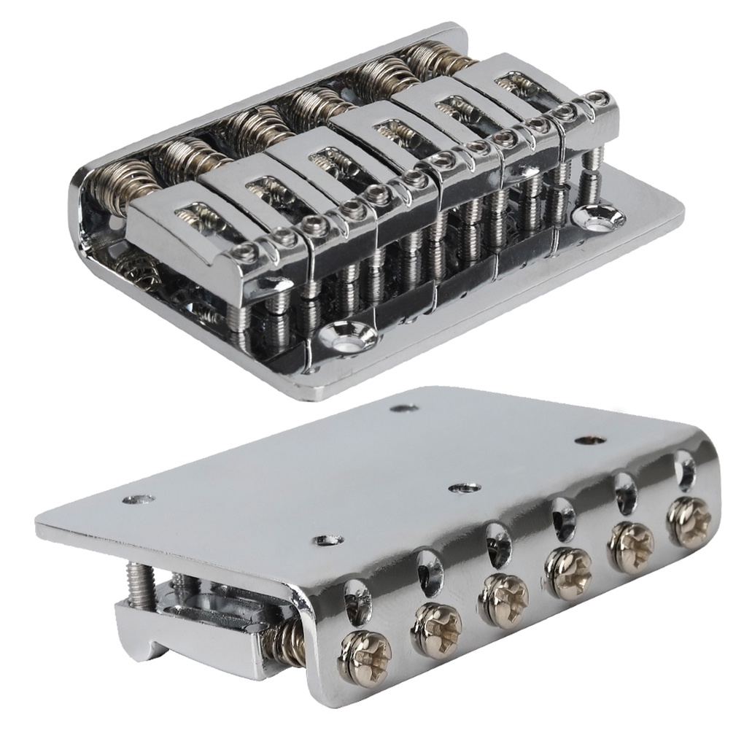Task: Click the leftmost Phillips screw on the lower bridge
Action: pos(365,657)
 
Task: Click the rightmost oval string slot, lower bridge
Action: pos(686,468)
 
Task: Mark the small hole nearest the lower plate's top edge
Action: pos(403,407)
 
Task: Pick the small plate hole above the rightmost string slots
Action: pos(588,440)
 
